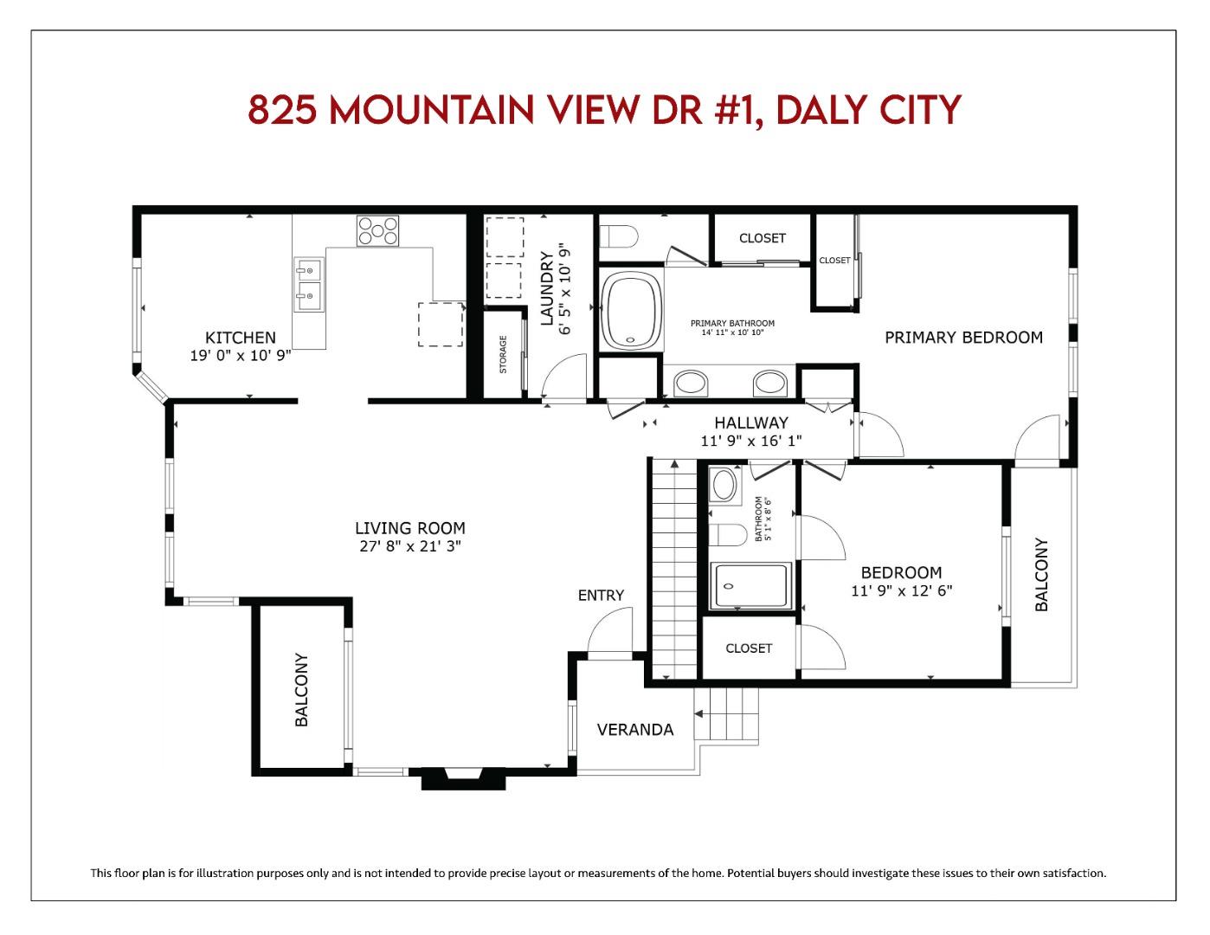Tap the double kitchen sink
tap(307, 285)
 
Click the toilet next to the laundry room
tap(619, 235)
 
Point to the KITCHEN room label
tap(240, 338)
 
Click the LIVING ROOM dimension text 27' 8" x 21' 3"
tap(409, 545)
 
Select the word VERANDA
tap(635, 730)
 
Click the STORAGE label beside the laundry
tap(503, 354)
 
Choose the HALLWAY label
tap(750, 422)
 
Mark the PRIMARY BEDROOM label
tap(963, 338)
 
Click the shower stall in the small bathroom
tap(750, 586)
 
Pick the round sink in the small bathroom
tap(724, 485)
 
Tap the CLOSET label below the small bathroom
tap(749, 648)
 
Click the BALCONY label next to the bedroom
tap(1041, 575)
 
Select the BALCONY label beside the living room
tap(302, 689)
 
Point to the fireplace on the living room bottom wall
tap(462, 777)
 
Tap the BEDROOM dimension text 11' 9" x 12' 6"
tap(901, 591)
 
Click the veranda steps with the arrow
tap(727, 714)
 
